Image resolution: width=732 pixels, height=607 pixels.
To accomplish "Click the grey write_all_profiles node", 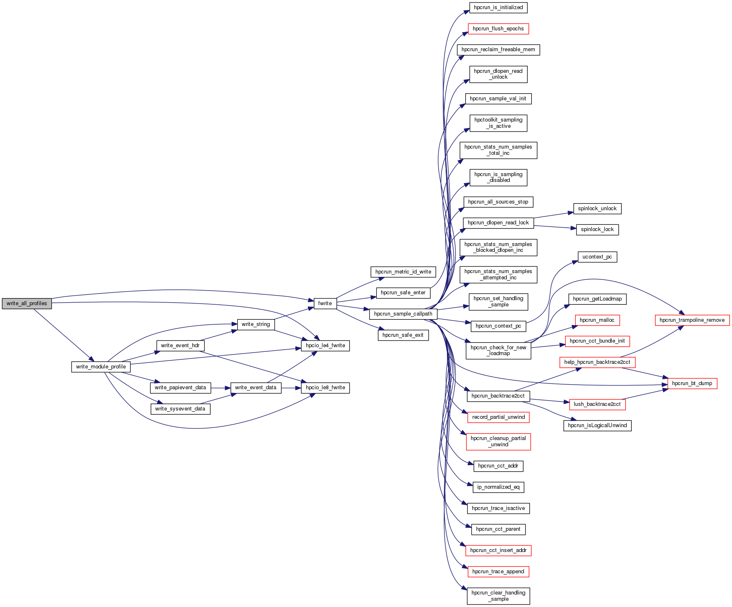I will coord(27,303).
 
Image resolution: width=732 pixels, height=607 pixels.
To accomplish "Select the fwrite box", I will coord(325,303).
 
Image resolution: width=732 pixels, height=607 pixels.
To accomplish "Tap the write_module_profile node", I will coord(101,367).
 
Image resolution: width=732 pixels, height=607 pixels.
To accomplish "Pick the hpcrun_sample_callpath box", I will coord(403,314).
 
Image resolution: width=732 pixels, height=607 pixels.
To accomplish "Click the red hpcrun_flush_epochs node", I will coord(498,29).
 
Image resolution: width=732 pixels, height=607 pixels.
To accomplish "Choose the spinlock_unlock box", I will coord(597,209).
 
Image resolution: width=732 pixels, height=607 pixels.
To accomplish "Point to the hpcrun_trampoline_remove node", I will coord(692,320).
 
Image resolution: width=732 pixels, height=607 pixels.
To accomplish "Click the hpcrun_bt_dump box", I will coord(692,383).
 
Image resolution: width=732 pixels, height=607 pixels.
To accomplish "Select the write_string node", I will coord(256,324).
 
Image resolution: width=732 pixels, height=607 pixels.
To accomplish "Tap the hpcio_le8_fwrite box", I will coord(325,388).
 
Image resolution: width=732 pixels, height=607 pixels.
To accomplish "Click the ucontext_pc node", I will coord(597,257).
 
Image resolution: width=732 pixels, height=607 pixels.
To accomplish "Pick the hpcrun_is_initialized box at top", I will coord(498,7).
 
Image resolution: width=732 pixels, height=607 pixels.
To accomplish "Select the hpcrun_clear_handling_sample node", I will coord(498,596).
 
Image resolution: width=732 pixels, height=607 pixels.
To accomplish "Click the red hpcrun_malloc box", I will coord(597,320).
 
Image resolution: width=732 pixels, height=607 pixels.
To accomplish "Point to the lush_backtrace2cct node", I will coord(597,404).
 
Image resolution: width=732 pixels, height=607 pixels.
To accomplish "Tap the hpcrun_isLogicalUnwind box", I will coord(597,425).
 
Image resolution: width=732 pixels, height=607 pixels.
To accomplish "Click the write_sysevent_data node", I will coord(180,409).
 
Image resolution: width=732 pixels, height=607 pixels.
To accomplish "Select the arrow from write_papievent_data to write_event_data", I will coord(221,388).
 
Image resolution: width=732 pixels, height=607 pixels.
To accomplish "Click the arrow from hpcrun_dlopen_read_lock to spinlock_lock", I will coord(555,227).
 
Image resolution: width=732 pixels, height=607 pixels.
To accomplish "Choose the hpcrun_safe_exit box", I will coord(403,335).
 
